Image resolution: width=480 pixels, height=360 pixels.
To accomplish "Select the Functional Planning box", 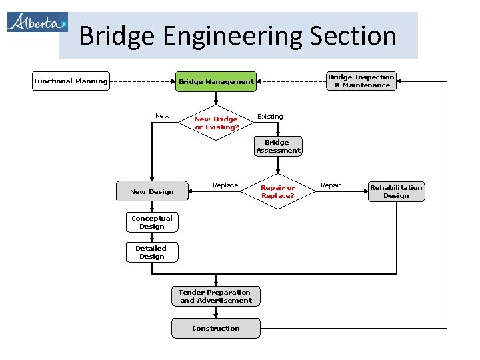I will click(x=71, y=81).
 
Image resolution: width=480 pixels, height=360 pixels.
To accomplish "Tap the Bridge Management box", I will click(x=216, y=82).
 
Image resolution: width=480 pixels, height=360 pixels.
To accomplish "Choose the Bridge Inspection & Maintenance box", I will click(x=362, y=81).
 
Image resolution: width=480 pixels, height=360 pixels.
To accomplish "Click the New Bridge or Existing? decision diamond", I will click(x=216, y=123).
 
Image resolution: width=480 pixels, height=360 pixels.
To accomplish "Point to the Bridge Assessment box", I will click(x=278, y=147).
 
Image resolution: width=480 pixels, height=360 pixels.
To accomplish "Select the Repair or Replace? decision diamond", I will click(x=278, y=192).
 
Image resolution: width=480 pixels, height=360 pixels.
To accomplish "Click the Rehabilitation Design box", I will click(x=396, y=192).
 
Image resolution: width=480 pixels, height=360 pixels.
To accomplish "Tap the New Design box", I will click(x=152, y=192).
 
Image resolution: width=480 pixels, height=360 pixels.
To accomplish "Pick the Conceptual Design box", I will click(x=152, y=223).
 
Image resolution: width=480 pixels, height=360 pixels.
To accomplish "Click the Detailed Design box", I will click(x=152, y=252).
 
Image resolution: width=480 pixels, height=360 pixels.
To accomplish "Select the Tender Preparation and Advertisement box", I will click(x=216, y=297).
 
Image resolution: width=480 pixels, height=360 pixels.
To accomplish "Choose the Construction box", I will click(x=216, y=329).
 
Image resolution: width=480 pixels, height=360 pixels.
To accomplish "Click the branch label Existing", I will click(x=270, y=117).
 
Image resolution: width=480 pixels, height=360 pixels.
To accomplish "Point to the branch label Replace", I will click(x=225, y=185).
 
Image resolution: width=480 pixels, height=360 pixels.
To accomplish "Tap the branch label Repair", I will click(x=331, y=185).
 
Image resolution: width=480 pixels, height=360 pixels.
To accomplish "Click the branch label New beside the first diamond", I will click(x=163, y=116).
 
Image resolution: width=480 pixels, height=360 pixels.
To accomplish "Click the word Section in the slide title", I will click(x=357, y=35).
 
